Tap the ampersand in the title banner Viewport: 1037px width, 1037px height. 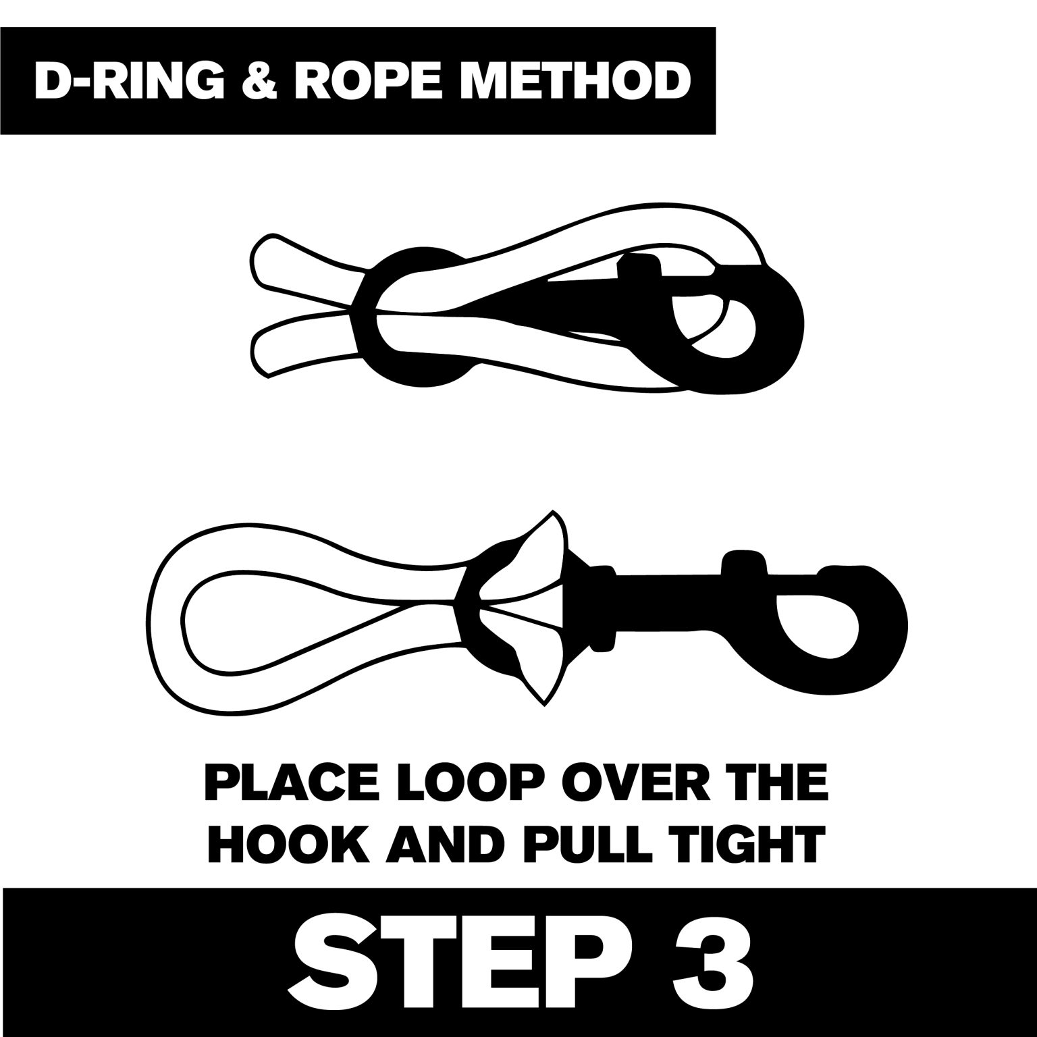(259, 80)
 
